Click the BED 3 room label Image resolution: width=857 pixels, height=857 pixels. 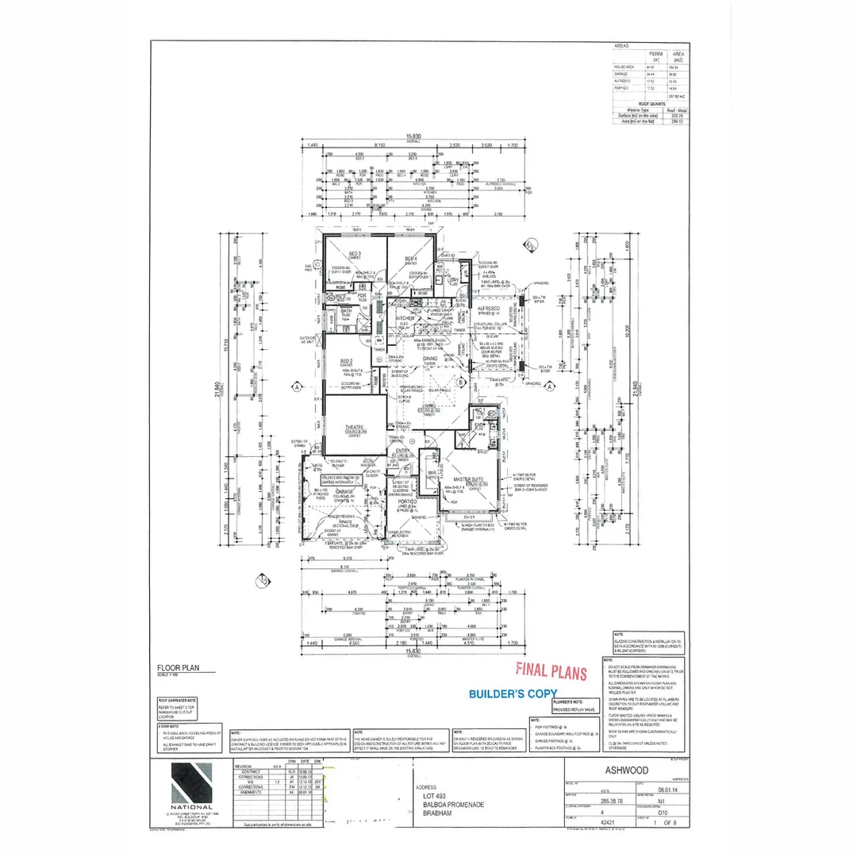tap(344, 254)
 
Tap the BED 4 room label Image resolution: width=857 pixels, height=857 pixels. tap(411, 259)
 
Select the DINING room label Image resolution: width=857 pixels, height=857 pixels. tap(429, 359)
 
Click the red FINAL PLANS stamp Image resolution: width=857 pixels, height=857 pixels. tap(551, 671)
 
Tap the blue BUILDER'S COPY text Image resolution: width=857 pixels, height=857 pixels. tap(513, 693)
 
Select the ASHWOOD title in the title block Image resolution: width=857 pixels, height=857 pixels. tap(626, 770)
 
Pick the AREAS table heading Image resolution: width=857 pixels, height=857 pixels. tap(622, 47)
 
